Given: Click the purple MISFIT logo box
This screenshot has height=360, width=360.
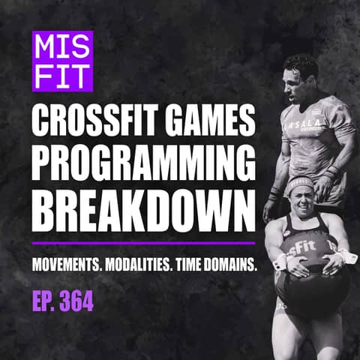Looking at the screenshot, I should pos(61,60).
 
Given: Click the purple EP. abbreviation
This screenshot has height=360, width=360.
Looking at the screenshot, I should pos(42,303).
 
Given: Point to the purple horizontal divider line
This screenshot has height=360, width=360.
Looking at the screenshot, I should pos(142,243).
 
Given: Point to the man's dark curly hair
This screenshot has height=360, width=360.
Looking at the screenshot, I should pos(299,64).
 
